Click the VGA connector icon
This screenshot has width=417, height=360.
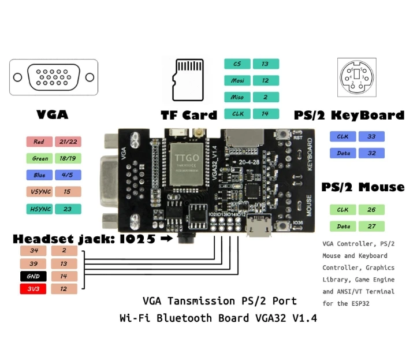53,78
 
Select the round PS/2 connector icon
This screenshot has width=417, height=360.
356,77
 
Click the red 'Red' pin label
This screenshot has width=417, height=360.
39,142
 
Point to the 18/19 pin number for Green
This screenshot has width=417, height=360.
68,158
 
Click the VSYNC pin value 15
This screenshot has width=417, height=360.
68,191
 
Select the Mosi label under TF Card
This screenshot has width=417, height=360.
237,80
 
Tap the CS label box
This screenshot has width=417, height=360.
237,64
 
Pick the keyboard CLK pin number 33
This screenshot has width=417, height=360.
371,136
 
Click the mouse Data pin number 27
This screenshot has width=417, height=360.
371,226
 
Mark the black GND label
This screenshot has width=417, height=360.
33,276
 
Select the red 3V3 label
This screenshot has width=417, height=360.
33,289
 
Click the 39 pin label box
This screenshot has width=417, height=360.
33,263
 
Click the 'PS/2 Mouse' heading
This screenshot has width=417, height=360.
363,187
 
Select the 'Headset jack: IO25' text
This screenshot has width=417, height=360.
84,239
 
